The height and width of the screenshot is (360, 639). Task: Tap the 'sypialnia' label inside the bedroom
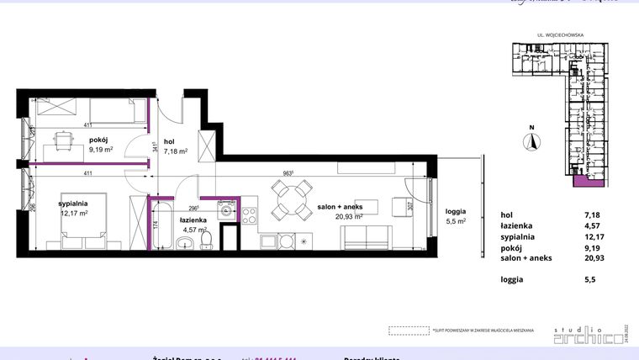tap(74, 203)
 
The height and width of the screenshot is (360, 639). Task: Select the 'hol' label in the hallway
tap(169, 142)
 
